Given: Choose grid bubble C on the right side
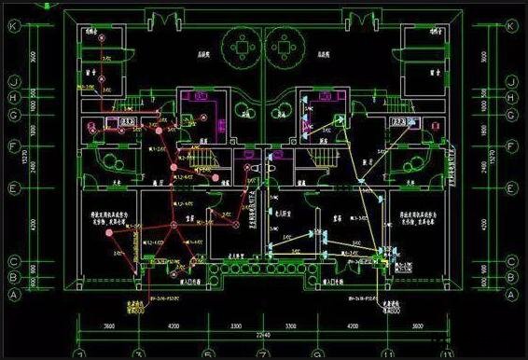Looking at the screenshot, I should coord(511,260).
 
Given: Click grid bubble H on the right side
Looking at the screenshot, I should coord(511,97).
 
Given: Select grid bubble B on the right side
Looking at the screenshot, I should coord(511,276).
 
